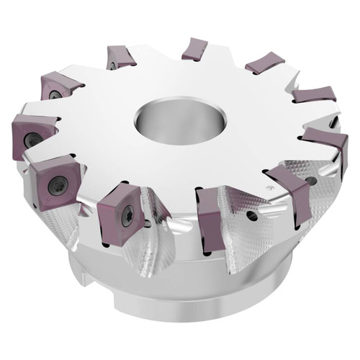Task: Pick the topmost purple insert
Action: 194,49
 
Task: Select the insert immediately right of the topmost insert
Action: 264,64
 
